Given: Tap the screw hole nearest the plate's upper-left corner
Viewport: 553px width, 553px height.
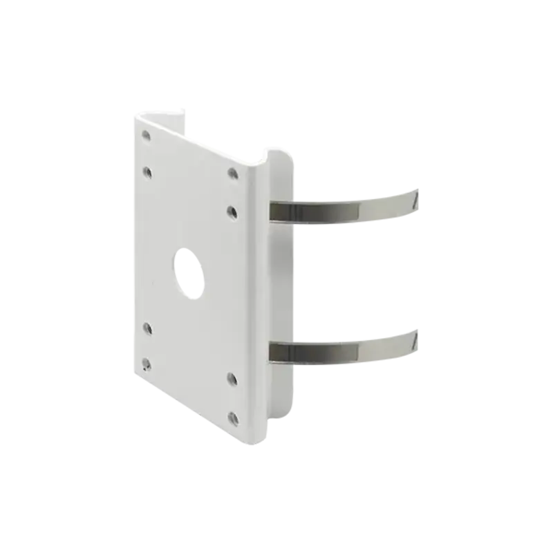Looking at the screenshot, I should (146, 135).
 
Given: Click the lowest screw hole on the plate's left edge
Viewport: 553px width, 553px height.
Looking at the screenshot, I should (146, 362).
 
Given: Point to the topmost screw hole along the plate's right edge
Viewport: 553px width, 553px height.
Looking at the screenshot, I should (232, 173).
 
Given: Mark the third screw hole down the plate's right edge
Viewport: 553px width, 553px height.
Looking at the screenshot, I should (232, 378).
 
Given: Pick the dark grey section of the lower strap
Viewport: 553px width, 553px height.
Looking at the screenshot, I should (304, 353).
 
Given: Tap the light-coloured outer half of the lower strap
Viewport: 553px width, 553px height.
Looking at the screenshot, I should (377, 347).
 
